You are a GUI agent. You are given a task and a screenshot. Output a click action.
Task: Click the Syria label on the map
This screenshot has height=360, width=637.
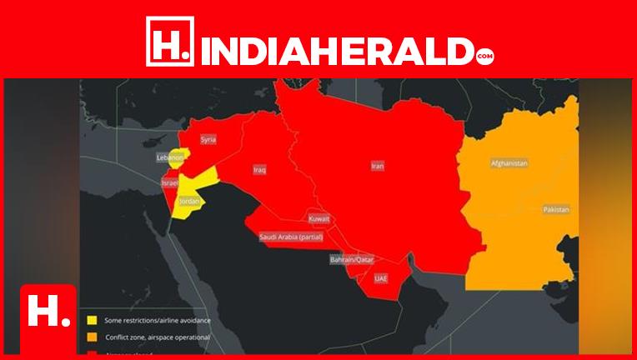click(x=208, y=140)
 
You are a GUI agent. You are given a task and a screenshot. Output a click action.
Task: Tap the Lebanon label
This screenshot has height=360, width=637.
click(x=170, y=157)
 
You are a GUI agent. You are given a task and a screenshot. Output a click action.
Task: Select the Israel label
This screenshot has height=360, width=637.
click(x=170, y=182)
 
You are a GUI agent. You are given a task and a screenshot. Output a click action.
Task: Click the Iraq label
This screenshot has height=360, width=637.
click(x=259, y=170)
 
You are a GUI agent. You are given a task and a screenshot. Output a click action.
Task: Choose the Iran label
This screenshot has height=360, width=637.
click(x=378, y=167)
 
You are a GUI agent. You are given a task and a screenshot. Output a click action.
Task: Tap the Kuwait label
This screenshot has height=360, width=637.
click(x=319, y=218)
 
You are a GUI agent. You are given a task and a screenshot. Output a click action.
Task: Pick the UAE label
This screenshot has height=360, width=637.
click(x=381, y=277)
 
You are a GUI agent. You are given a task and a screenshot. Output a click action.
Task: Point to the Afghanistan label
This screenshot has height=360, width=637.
click(x=509, y=163)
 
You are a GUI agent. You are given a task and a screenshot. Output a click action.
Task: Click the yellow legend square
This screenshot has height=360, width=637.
click(x=92, y=319)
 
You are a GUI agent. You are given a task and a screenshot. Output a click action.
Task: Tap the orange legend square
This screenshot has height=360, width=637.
click(x=92, y=337)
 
